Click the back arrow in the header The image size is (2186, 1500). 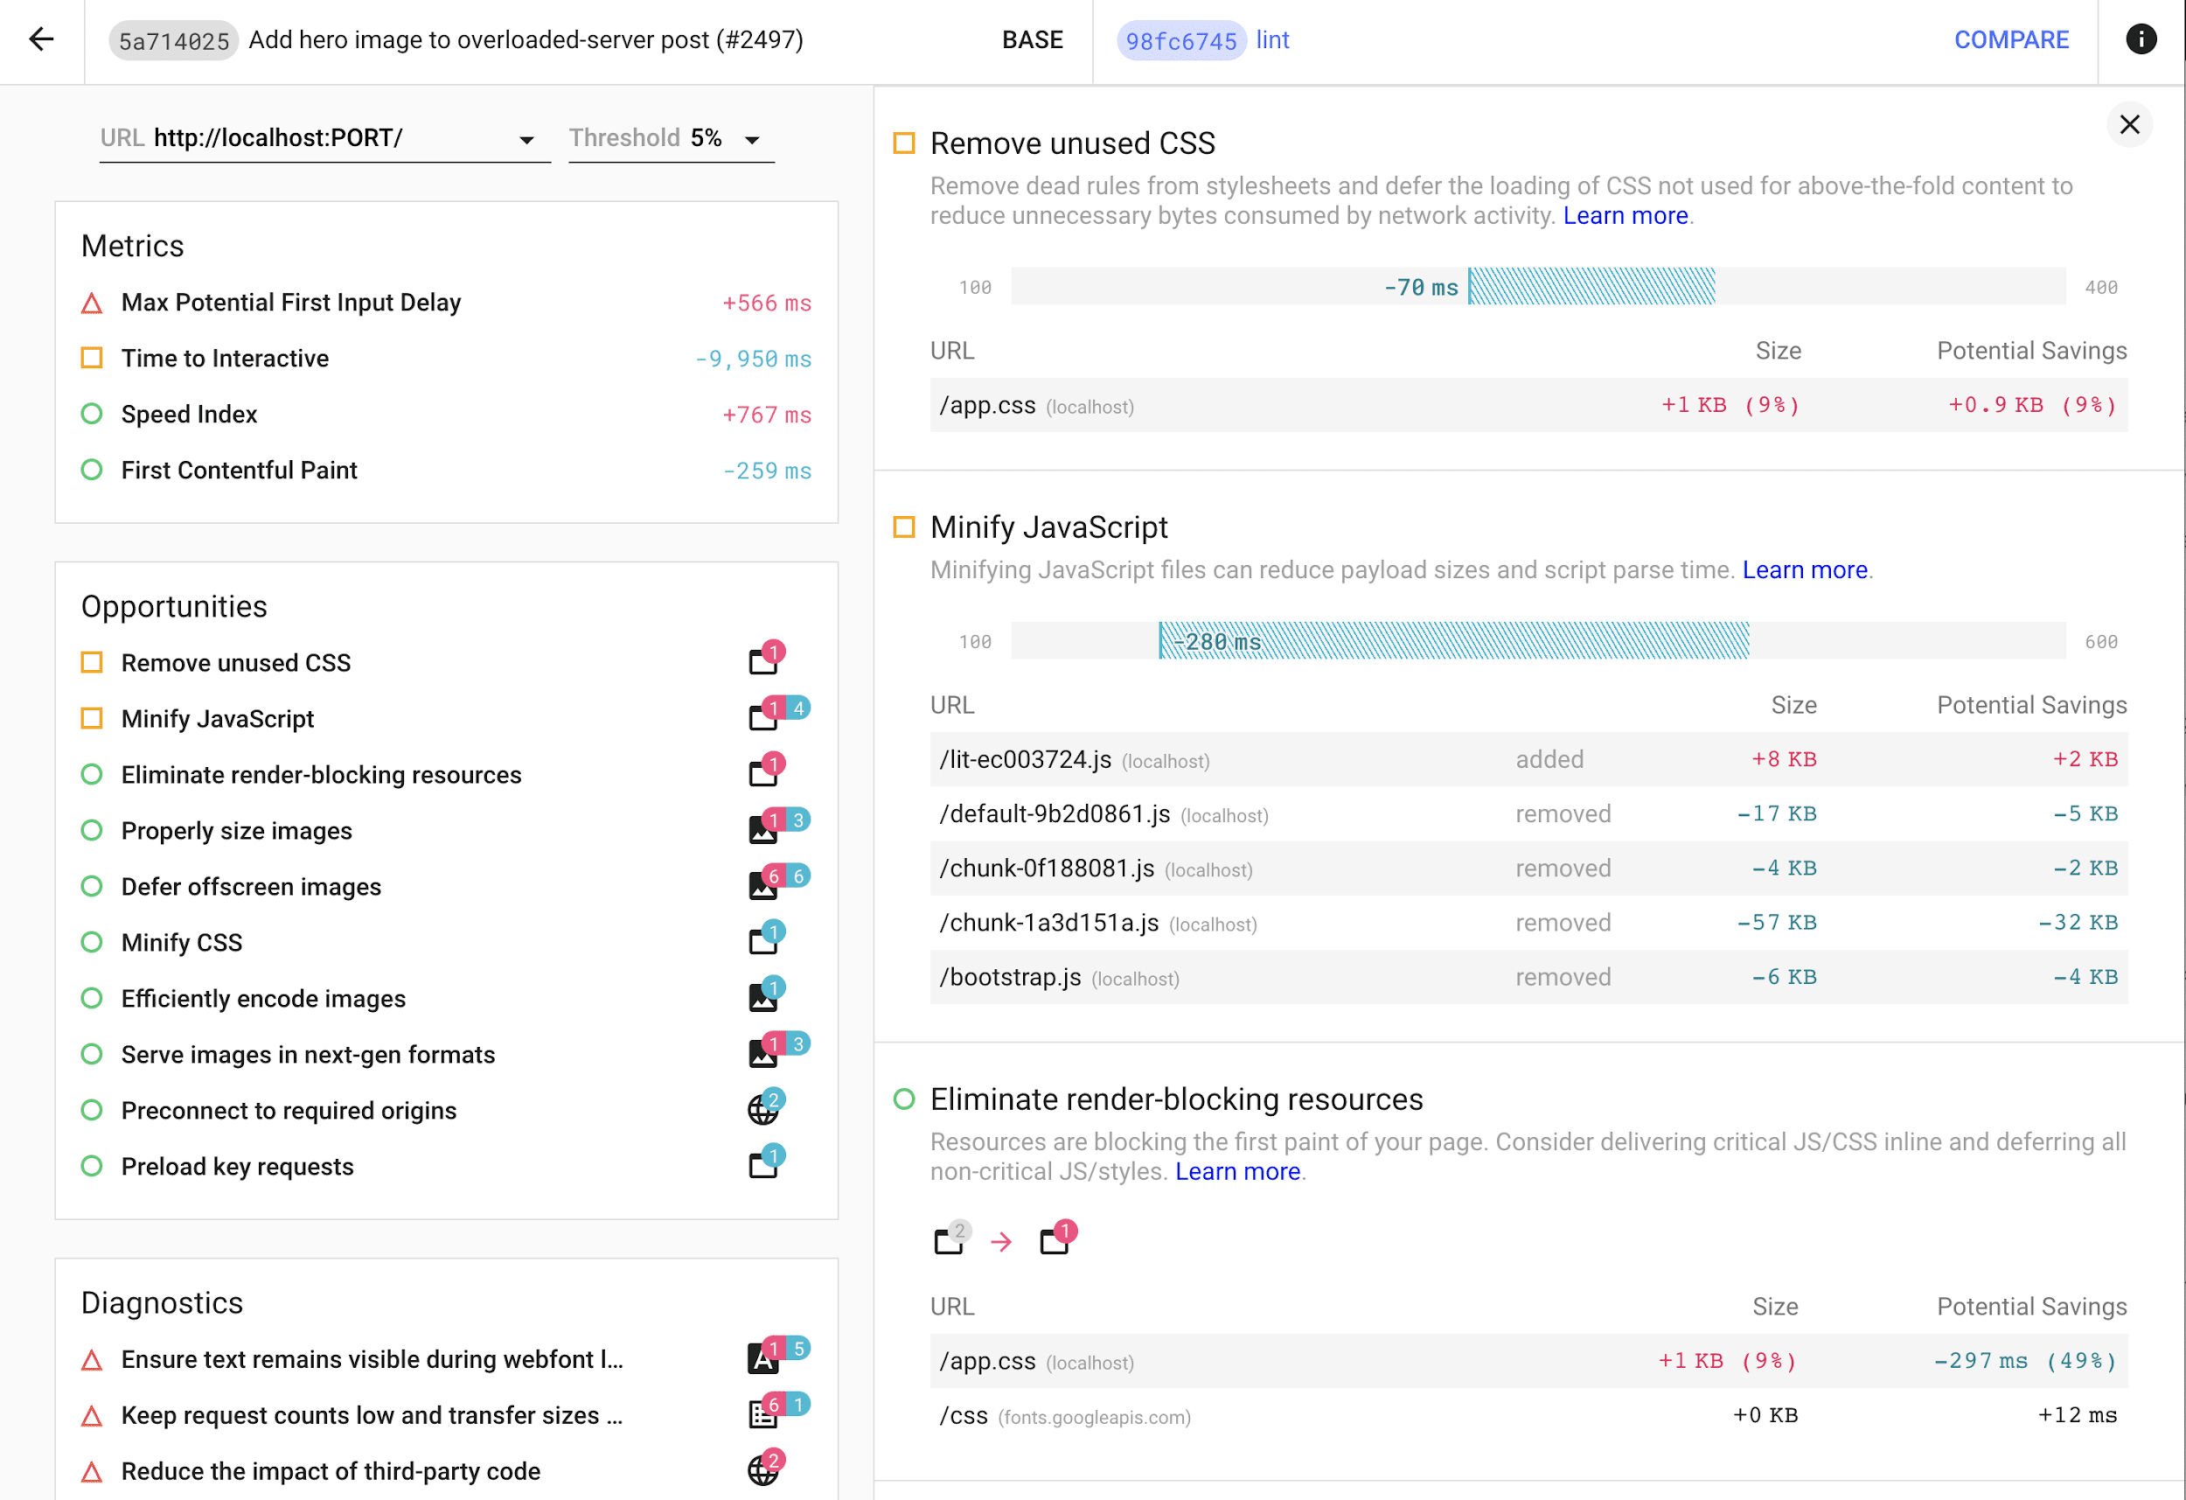(41, 39)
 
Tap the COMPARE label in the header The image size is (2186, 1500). (2011, 39)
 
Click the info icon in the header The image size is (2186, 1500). (2141, 39)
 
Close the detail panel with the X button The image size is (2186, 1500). (2129, 125)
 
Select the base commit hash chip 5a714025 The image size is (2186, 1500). (174, 40)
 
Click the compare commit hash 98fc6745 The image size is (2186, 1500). (1180, 40)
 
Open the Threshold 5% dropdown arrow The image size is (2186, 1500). (752, 140)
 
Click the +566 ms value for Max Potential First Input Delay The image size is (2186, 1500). (766, 303)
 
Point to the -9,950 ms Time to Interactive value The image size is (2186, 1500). (753, 359)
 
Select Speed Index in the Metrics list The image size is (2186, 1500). (189, 414)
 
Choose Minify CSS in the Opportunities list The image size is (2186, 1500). (182, 942)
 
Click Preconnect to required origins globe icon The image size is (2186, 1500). (763, 1109)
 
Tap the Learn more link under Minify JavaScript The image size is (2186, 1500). (1804, 569)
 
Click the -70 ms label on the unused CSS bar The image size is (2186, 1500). (1420, 287)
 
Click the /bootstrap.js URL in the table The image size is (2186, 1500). (1010, 977)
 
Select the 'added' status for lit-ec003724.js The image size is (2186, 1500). (1549, 759)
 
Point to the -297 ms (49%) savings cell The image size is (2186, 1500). (2024, 1361)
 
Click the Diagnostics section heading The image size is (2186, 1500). (162, 1302)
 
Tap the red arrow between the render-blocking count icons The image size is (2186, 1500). (1002, 1242)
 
